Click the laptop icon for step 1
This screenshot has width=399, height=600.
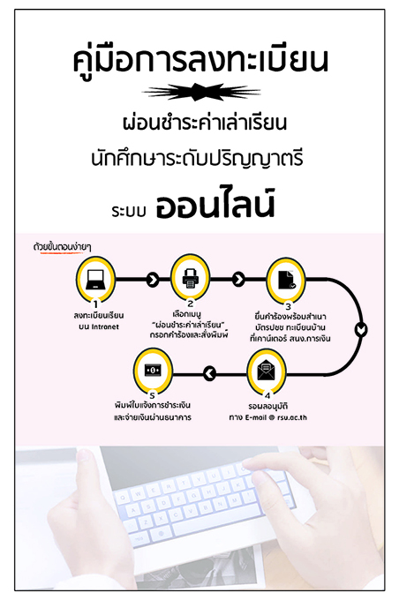pyautogui.click(x=95, y=280)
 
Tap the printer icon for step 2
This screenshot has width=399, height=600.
pyautogui.click(x=191, y=278)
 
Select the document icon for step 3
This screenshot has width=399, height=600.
pyautogui.click(x=286, y=280)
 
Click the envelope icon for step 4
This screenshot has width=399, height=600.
pyautogui.click(x=266, y=371)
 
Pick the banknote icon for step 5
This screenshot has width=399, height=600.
pyautogui.click(x=153, y=370)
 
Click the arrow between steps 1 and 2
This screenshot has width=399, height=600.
pyautogui.click(x=153, y=280)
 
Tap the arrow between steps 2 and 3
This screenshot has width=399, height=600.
pyautogui.click(x=238, y=280)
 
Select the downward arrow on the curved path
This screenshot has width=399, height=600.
pyautogui.click(x=361, y=329)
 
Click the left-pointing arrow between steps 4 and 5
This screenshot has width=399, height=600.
pyautogui.click(x=209, y=373)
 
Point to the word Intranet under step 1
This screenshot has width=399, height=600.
pyautogui.click(x=105, y=326)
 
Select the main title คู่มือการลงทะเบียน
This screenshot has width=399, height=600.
pyautogui.click(x=200, y=61)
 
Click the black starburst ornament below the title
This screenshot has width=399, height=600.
pyautogui.click(x=201, y=92)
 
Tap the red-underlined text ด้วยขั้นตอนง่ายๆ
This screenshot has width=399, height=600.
pyautogui.click(x=62, y=247)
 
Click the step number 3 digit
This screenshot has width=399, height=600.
pyautogui.click(x=288, y=306)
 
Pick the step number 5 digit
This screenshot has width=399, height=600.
pyautogui.click(x=153, y=395)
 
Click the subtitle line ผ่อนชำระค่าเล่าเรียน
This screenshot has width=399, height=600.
pyautogui.click(x=205, y=123)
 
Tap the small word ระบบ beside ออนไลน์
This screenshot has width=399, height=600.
pyautogui.click(x=129, y=211)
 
